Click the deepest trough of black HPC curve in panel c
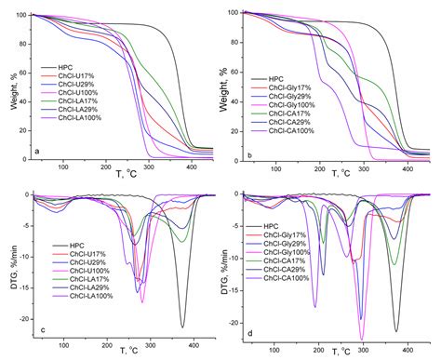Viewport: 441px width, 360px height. pyautogui.click(x=181, y=327)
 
